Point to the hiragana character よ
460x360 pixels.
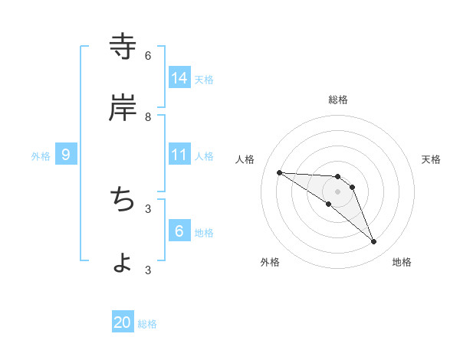coord(123,263)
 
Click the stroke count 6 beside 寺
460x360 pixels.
coord(148,55)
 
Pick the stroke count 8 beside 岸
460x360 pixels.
coord(148,116)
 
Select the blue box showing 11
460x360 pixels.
coord(179,155)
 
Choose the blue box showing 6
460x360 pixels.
coord(179,231)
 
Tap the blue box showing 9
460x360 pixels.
coord(66,155)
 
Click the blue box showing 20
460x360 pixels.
coord(123,322)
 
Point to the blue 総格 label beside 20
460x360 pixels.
coord(147,324)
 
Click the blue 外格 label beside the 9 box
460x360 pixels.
coord(41,156)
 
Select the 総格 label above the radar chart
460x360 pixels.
coord(338,99)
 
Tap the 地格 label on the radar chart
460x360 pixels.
coord(402,262)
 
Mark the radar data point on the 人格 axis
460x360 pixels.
coord(279,172)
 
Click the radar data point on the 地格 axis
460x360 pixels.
coord(373,242)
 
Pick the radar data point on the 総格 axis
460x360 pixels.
coord(338,177)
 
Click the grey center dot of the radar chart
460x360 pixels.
coord(338,191)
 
